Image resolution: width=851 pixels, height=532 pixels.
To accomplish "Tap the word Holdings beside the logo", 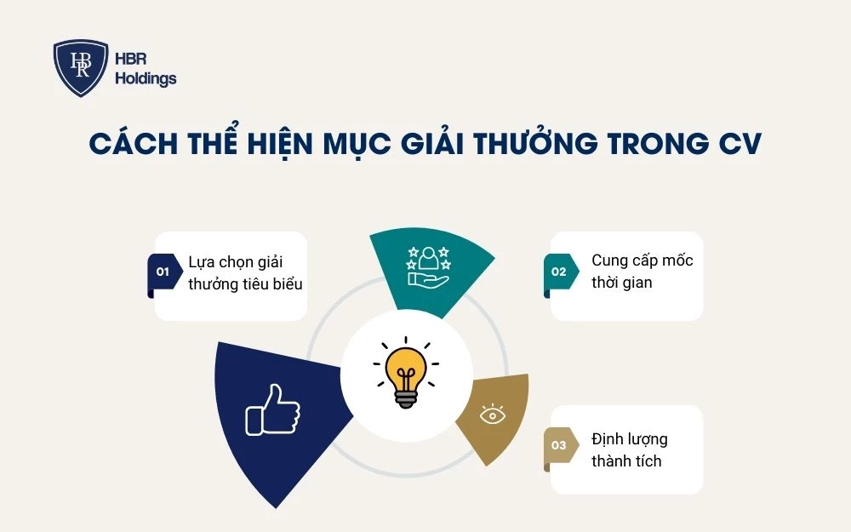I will pos(146,79).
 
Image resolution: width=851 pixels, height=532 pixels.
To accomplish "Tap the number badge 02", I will pos(558,272).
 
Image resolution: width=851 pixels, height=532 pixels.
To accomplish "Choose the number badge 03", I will pos(558,445).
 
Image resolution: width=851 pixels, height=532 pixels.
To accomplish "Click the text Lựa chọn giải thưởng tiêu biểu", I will pos(244,272).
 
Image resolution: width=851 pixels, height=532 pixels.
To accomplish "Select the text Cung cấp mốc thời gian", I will pos(642,271).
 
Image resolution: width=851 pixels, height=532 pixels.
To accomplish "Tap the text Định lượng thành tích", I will pos(630,450).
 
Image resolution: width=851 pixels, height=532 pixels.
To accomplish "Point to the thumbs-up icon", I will pos(272,410).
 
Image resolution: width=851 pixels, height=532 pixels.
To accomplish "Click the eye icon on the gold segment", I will pos(491,415).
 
